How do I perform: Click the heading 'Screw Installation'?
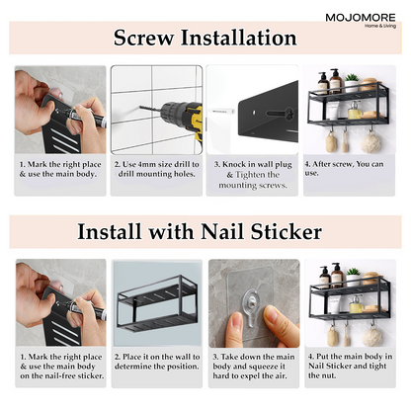(205, 39)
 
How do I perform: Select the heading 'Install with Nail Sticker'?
(205, 233)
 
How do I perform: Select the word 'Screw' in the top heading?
(145, 39)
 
